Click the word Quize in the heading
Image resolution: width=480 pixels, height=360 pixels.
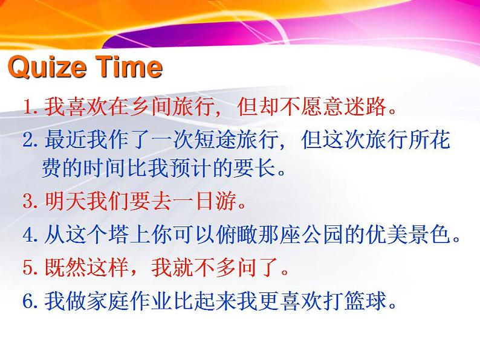click(x=48, y=67)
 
